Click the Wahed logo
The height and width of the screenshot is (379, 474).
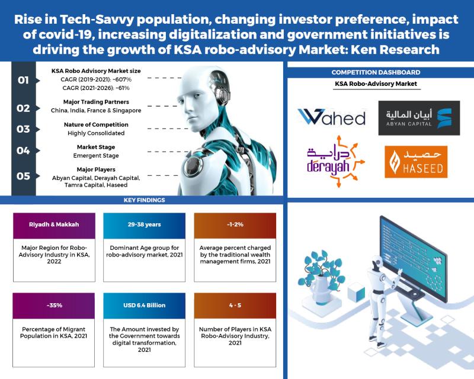pyautogui.click(x=331, y=117)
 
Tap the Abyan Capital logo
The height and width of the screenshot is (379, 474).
pyautogui.click(x=419, y=118)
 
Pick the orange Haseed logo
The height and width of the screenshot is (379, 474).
pyautogui.click(x=416, y=162)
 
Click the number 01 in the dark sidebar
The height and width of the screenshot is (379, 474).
pyautogui.click(x=23, y=80)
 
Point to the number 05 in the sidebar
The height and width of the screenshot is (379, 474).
pyautogui.click(x=23, y=176)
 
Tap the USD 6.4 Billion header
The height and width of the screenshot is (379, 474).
pyautogui.click(x=144, y=306)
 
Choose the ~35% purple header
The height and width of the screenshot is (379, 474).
pyautogui.click(x=54, y=306)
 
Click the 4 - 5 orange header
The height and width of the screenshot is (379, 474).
pyautogui.click(x=235, y=306)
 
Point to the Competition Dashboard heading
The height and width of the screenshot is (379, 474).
pyautogui.click(x=376, y=72)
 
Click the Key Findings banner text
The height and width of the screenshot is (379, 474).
pyautogui.click(x=144, y=200)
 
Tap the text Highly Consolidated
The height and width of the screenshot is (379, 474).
pyautogui.click(x=96, y=133)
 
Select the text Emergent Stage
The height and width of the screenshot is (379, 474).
pyautogui.click(x=96, y=156)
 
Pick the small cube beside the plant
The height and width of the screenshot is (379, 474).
pyautogui.click(x=356, y=293)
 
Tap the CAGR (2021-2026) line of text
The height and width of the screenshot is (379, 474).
pyautogui.click(x=96, y=88)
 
